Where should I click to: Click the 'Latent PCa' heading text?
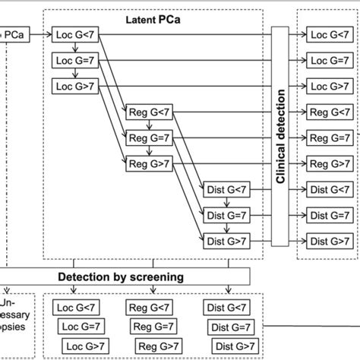tap(153, 16)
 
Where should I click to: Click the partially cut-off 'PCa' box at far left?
tap(14, 35)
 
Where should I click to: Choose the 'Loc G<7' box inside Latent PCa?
tap(73, 35)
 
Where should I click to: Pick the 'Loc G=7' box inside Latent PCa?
tap(73, 60)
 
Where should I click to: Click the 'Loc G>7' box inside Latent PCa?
tap(73, 86)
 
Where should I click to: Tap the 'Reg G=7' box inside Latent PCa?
tap(146, 138)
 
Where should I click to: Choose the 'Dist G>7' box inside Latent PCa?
tap(227, 241)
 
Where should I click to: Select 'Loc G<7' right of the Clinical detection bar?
tap(329, 35)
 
